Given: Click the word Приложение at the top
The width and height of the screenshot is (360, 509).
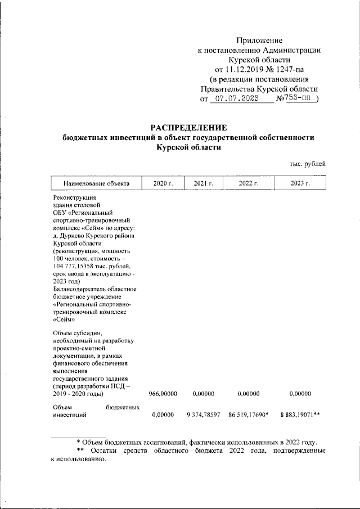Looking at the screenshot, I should click(x=259, y=40).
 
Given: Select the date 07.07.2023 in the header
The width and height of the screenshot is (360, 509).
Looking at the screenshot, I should click(x=236, y=99).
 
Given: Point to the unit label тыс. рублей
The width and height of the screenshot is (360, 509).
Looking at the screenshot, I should click(x=308, y=164).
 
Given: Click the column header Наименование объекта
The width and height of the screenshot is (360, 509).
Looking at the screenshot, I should click(x=97, y=183).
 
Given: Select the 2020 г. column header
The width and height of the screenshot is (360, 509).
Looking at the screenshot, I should click(x=163, y=183).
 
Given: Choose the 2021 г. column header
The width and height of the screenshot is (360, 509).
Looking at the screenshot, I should click(x=203, y=183).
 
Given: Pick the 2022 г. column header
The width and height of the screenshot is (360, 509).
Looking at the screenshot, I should click(x=249, y=183).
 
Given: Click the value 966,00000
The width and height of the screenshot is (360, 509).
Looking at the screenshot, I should click(x=164, y=394).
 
